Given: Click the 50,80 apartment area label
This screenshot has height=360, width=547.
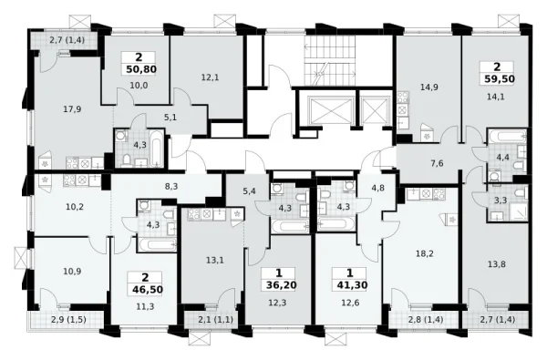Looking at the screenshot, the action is coord(141,69).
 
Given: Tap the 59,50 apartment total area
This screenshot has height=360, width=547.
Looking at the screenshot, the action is coord(500,79).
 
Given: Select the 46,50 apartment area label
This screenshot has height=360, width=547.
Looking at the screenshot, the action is coord(148,289).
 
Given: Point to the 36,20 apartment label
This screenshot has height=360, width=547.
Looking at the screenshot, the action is coord(281,285).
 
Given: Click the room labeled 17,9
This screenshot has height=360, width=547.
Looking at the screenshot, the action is coord(72,109).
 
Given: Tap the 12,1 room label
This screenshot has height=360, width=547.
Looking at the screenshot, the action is coord(210,77).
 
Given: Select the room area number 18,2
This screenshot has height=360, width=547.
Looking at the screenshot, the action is coord(425,253).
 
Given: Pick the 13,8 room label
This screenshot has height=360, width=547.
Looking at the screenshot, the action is coord(497,264).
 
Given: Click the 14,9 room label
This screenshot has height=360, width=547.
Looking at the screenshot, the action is coord(428,87).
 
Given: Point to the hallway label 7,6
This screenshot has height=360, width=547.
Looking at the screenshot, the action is coord(437,163).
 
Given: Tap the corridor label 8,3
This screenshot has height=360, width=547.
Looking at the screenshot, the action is coord(171,186).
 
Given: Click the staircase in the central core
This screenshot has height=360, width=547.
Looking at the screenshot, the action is coord(330,62).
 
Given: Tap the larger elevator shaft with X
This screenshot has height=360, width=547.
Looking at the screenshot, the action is coord(330,110).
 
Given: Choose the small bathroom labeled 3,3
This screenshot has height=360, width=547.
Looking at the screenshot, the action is coord(508,202).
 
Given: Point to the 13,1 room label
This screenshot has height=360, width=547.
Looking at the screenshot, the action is coord(215,260).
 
